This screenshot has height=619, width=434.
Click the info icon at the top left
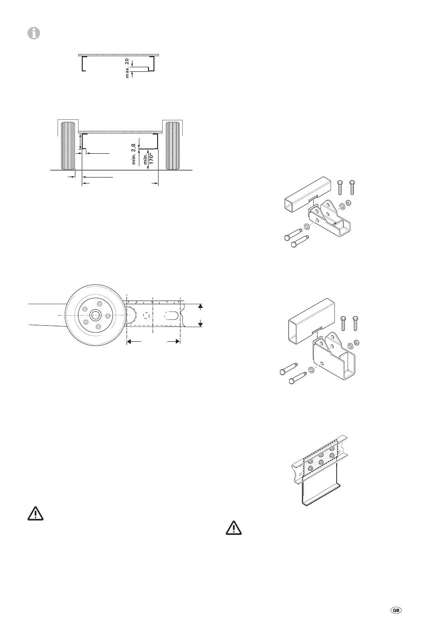(33, 33)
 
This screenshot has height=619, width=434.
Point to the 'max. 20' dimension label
(127, 68)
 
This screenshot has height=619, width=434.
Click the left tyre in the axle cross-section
(67, 145)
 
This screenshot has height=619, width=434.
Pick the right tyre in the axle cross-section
(173, 145)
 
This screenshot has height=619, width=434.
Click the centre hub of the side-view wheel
(95, 315)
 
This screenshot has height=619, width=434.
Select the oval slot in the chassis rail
(171, 316)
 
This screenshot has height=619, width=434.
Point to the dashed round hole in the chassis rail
(145, 316)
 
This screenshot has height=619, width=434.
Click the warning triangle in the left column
(35, 514)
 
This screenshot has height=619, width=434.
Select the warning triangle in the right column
(233, 528)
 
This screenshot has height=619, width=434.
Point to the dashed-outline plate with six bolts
(320, 459)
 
